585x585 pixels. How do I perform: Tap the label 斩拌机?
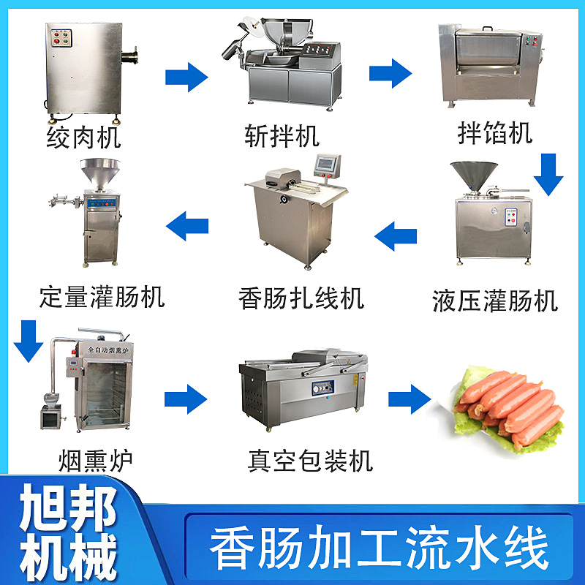click(282, 136)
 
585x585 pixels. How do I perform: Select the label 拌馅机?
click(495, 133)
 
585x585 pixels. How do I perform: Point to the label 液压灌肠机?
click(495, 300)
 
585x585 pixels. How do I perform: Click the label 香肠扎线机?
click(301, 298)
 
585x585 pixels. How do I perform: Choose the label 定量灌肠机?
click(102, 296)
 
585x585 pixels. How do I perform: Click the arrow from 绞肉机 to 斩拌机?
click(186, 77)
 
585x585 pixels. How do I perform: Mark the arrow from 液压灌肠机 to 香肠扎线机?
click(396, 235)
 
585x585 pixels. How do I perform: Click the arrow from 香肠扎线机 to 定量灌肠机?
click(187, 225)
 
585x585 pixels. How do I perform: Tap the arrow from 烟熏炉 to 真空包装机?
click(186, 399)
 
